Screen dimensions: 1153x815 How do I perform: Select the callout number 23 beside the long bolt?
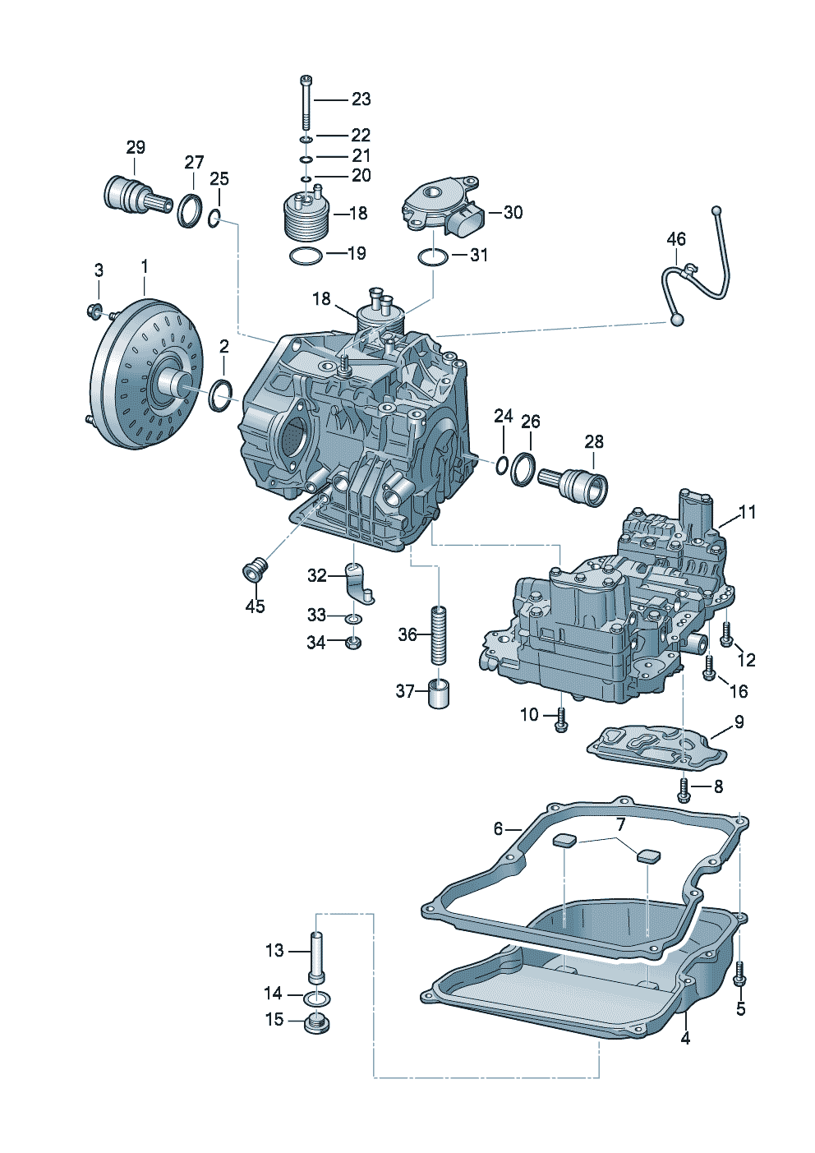tap(361, 99)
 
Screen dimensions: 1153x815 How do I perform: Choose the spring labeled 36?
tap(439, 634)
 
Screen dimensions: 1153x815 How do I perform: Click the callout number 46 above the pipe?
tap(676, 240)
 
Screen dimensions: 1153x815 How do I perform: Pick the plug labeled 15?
tap(316, 1024)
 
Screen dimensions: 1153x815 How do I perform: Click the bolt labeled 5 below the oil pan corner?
tap(740, 974)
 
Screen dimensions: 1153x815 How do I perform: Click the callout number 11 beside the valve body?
tap(747, 513)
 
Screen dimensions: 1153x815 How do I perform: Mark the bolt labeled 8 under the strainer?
tap(684, 790)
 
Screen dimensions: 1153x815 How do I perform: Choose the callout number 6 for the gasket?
tap(498, 829)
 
